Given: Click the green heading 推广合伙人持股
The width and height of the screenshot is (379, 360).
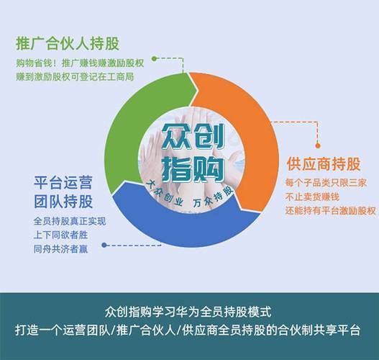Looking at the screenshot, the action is point(68,43).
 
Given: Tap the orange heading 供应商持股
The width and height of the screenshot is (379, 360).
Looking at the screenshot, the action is point(324,163).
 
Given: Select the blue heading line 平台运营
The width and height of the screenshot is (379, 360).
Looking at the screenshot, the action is point(63,183).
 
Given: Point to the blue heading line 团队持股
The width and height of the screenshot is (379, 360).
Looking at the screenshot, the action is point(63,202).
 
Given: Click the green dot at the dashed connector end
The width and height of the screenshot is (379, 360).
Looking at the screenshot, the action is point(154,58).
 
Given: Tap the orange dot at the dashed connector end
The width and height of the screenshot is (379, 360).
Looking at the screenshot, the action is point(318,145).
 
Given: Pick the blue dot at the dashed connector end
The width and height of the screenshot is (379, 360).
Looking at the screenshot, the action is point(104,245).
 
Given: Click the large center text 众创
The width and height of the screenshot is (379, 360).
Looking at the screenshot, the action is point(193,137).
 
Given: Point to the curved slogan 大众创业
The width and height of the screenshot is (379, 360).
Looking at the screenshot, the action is point(165,194).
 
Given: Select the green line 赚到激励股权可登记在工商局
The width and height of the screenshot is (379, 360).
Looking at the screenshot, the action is point(75,77).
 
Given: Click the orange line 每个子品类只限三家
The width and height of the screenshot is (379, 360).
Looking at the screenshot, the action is point(326,183).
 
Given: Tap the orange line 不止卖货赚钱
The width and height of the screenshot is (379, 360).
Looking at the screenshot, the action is point(312,197).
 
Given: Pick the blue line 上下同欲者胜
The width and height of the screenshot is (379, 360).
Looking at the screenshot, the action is point(60,235).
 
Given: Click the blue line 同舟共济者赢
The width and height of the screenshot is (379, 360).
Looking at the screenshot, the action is point(60,249).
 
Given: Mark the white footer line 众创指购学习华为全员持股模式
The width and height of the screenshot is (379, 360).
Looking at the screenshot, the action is point(188,312).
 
